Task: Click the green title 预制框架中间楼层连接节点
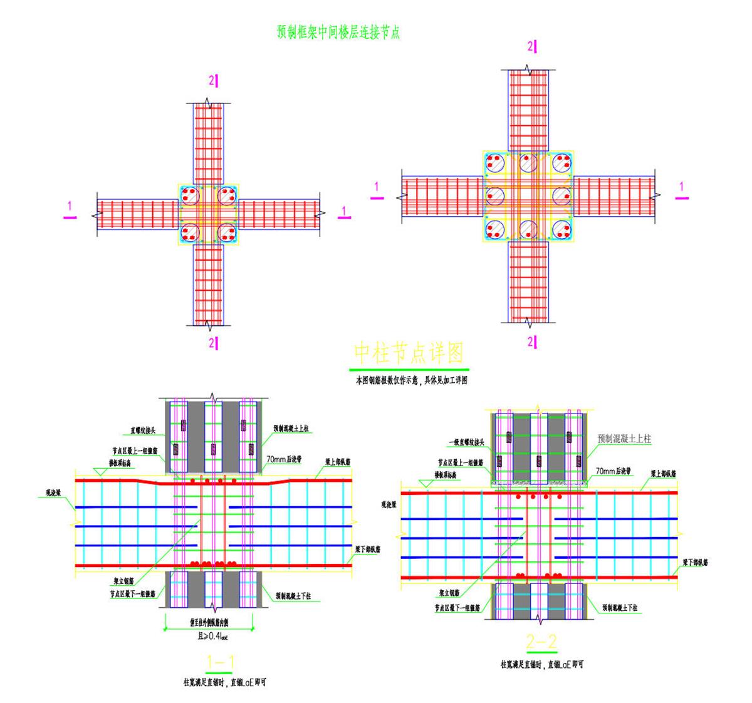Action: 338,33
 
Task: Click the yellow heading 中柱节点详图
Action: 409,353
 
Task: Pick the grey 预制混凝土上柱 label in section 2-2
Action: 624,439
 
